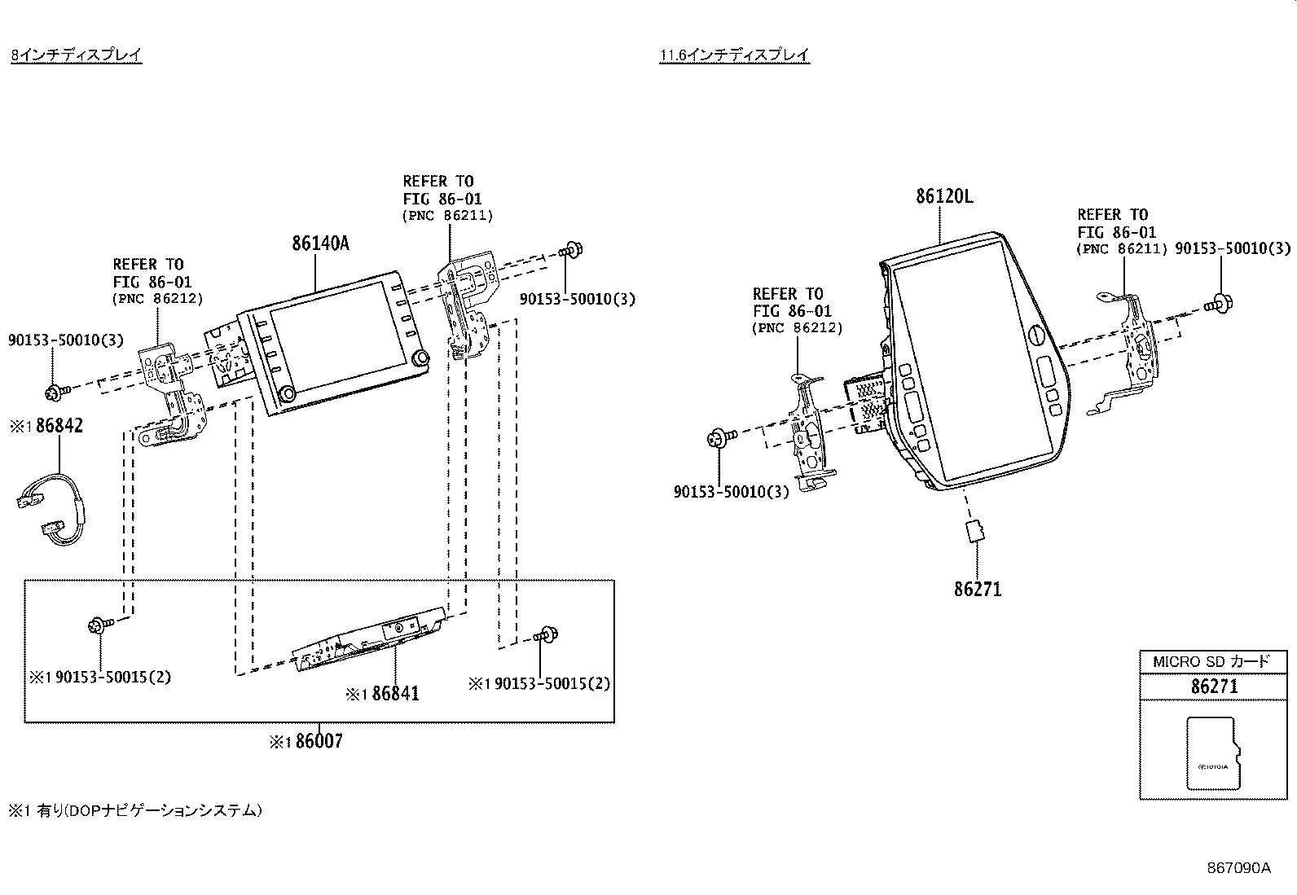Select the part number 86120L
coord(943,196)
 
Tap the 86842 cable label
coord(58,426)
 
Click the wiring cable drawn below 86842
coord(49,506)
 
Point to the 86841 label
coord(395,694)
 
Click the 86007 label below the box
coord(319,742)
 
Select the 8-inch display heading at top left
coord(77,55)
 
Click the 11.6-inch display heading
coord(734,55)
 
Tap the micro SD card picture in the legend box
coord(1213,753)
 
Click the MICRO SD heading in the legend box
coord(1211,661)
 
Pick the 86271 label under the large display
coord(978,589)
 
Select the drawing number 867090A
coord(1238,867)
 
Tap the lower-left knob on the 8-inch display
coord(288,395)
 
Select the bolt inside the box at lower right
coord(546,634)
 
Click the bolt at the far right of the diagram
coord(1220,303)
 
